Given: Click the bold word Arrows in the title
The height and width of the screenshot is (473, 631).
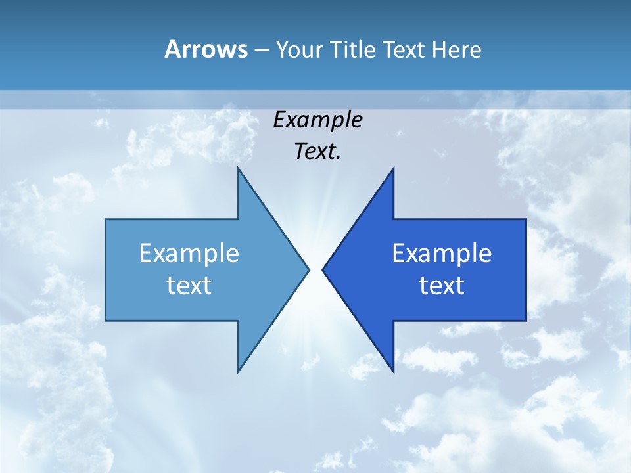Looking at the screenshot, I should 206,49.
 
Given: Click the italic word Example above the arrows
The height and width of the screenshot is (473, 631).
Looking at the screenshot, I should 317,120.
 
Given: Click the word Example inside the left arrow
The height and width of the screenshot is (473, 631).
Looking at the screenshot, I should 189,253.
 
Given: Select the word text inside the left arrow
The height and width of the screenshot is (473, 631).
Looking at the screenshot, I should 189,286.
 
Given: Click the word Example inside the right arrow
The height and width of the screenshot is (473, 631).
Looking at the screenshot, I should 442,253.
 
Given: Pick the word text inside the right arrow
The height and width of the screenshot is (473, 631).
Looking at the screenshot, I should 442,286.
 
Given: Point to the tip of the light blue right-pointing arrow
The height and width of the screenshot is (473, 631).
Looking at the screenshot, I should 309,269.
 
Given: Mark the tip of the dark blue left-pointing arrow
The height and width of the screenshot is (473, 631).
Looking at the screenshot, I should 323,269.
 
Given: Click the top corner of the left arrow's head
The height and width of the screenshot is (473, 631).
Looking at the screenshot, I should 239,168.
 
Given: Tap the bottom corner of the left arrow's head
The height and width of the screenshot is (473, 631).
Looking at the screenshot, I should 239,372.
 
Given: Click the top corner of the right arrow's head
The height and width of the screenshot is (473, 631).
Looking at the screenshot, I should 393,168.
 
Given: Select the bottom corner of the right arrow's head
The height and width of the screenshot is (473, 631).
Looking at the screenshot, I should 393,372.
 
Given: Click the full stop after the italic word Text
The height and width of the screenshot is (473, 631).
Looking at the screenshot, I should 339,158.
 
